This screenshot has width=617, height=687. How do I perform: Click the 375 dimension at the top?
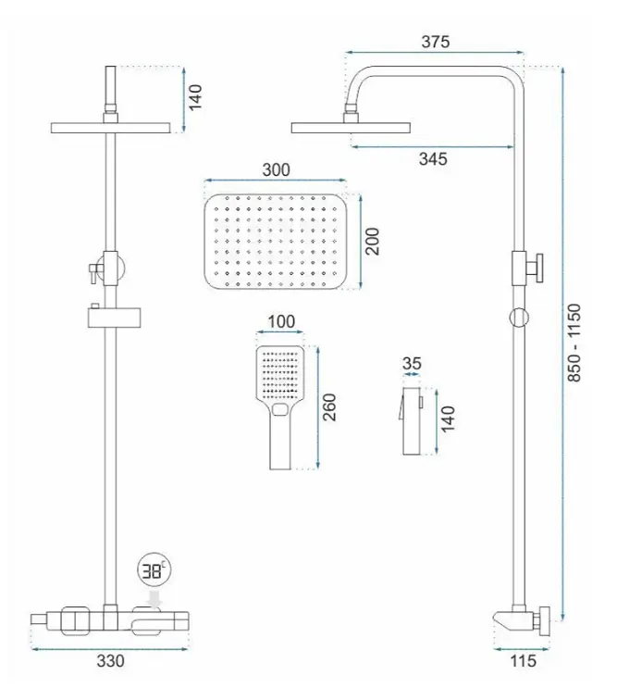click(x=436, y=42)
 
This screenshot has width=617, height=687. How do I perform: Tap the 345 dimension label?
click(x=433, y=158)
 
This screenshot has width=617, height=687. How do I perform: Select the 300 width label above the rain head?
click(x=276, y=170)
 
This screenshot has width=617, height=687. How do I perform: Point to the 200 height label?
click(x=373, y=242)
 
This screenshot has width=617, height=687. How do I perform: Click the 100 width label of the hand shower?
click(x=281, y=321)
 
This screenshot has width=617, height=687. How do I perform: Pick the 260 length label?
click(x=329, y=407)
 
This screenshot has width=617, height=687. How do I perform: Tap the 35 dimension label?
click(x=412, y=363)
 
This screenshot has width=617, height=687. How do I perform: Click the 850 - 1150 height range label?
click(x=574, y=343)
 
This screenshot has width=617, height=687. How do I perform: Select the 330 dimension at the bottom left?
click(x=110, y=661)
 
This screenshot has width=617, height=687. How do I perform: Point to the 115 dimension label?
click(x=523, y=661)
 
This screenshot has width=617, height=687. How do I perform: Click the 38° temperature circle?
click(x=154, y=570)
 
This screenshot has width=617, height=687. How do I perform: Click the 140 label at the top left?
click(x=195, y=97)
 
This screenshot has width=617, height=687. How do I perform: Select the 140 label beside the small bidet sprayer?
click(x=448, y=419)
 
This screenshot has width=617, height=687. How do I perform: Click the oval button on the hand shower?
click(x=279, y=410)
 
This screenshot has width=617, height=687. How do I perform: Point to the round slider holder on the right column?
click(x=519, y=318)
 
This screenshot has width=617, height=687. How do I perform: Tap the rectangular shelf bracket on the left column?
click(x=115, y=318)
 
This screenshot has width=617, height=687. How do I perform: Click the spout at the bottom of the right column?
click(x=506, y=619)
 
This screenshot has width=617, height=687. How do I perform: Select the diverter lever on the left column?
click(x=93, y=271)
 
